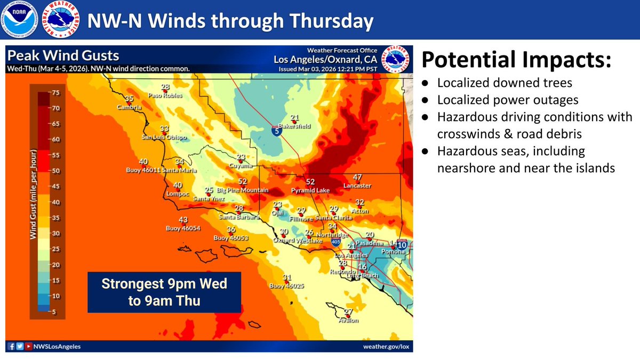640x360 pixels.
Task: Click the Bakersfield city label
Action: click(297, 126)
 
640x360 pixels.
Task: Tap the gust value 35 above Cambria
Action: click(129, 99)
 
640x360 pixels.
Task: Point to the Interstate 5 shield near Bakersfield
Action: click(275, 131)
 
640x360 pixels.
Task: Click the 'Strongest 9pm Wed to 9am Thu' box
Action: click(164, 292)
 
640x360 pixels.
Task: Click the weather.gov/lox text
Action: click(382, 347)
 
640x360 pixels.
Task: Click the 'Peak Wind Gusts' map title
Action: click(63, 55)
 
